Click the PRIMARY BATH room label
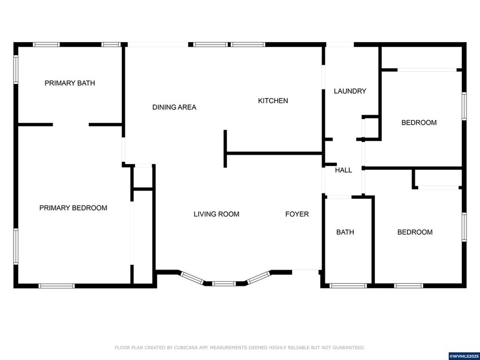click(x=70, y=83)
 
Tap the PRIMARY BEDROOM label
click(x=73, y=208)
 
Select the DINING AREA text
click(x=174, y=107)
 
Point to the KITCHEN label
click(x=273, y=101)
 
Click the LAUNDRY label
click(x=350, y=91)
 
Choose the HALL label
click(x=344, y=170)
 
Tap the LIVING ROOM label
click(x=216, y=214)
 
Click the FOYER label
click(x=297, y=214)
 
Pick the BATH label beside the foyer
click(x=345, y=232)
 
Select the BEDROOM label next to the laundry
click(x=419, y=122)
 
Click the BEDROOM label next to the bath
click(x=415, y=232)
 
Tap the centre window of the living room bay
click(x=224, y=284)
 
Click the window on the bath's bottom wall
click(x=348, y=286)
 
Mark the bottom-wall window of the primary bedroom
click(x=57, y=286)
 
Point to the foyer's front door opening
click(x=305, y=270)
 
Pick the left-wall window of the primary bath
click(x=16, y=69)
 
